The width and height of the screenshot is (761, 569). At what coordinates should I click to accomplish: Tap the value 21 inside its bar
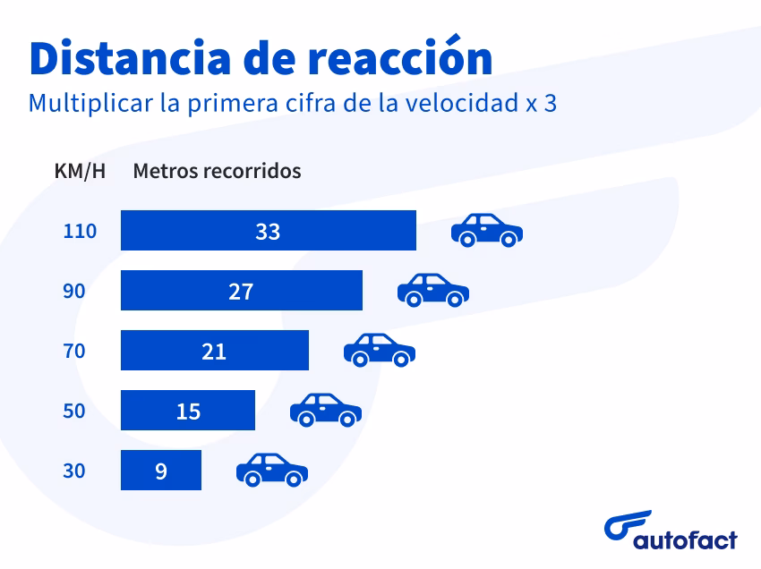(x=214, y=351)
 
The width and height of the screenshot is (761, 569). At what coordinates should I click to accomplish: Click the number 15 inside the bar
(x=188, y=411)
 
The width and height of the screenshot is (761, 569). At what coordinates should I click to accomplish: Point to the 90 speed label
(x=74, y=291)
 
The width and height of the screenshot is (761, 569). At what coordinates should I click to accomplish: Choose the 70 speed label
(x=74, y=351)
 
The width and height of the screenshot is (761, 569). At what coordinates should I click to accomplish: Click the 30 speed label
(x=74, y=471)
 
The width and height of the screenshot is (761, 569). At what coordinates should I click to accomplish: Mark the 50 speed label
(x=74, y=411)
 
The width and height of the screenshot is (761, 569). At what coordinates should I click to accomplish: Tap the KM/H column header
(x=80, y=171)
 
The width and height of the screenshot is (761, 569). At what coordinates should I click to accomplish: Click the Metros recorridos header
(x=217, y=171)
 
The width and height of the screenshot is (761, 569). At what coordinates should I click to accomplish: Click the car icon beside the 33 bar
(x=486, y=230)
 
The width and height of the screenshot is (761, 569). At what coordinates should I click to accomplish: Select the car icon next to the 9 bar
(x=271, y=470)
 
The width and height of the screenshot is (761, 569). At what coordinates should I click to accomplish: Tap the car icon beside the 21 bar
(x=379, y=350)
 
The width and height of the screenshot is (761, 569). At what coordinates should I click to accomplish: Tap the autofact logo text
(x=685, y=539)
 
